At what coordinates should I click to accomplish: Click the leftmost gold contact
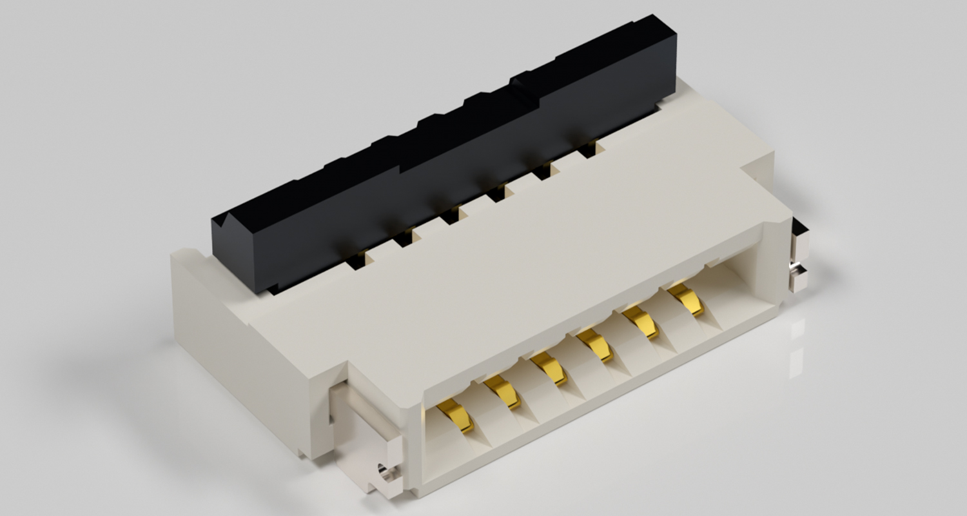[x=456, y=413]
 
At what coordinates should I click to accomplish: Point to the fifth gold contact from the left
[x=641, y=322]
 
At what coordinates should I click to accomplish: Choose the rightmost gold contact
[x=686, y=299]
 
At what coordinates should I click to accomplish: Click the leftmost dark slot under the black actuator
[x=355, y=261]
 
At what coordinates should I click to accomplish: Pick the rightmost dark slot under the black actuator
[x=587, y=150]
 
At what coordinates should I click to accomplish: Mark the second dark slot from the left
[x=403, y=239]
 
